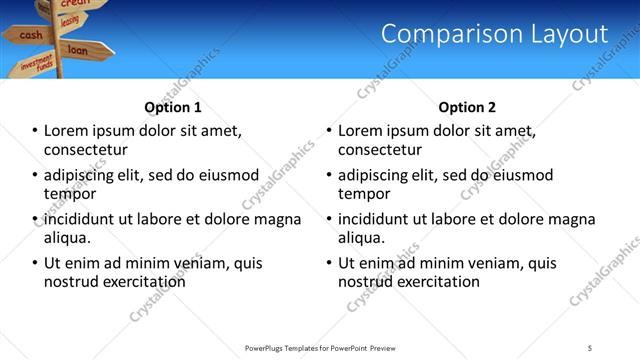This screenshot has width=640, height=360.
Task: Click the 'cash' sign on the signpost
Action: [x=31, y=35]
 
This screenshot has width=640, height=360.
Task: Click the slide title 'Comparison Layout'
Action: [x=494, y=34]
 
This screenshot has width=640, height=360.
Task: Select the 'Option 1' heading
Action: [x=173, y=107]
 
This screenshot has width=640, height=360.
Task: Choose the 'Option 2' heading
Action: [x=467, y=107]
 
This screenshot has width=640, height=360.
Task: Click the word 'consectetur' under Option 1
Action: [x=85, y=150]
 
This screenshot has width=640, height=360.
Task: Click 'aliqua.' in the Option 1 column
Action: [x=67, y=238]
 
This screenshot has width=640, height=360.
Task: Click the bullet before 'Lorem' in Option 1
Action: [x=36, y=131]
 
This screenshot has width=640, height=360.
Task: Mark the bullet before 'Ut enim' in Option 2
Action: [x=330, y=263]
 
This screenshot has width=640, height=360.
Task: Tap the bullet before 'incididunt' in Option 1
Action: [x=36, y=219]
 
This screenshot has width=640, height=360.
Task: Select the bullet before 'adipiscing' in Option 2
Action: [x=330, y=175]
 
